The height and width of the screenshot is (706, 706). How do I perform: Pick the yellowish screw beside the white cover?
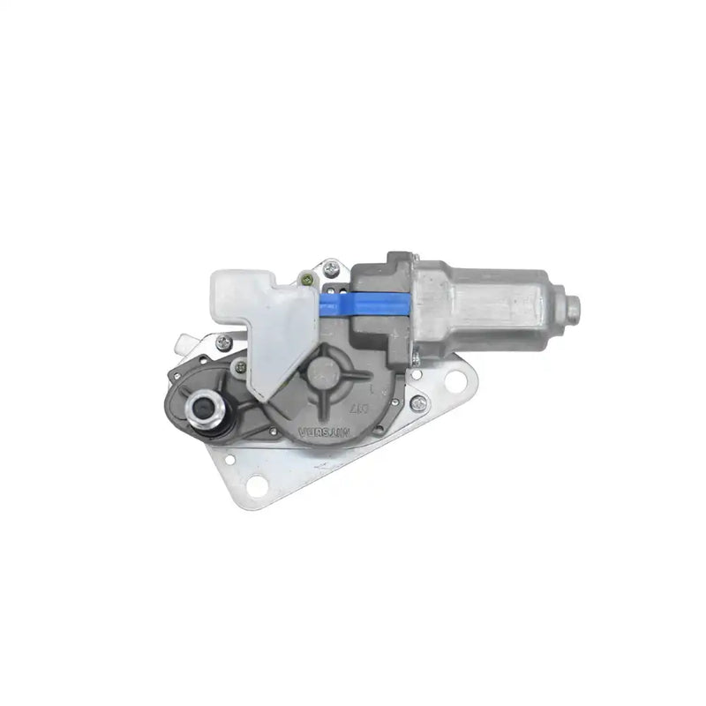(305, 282)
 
